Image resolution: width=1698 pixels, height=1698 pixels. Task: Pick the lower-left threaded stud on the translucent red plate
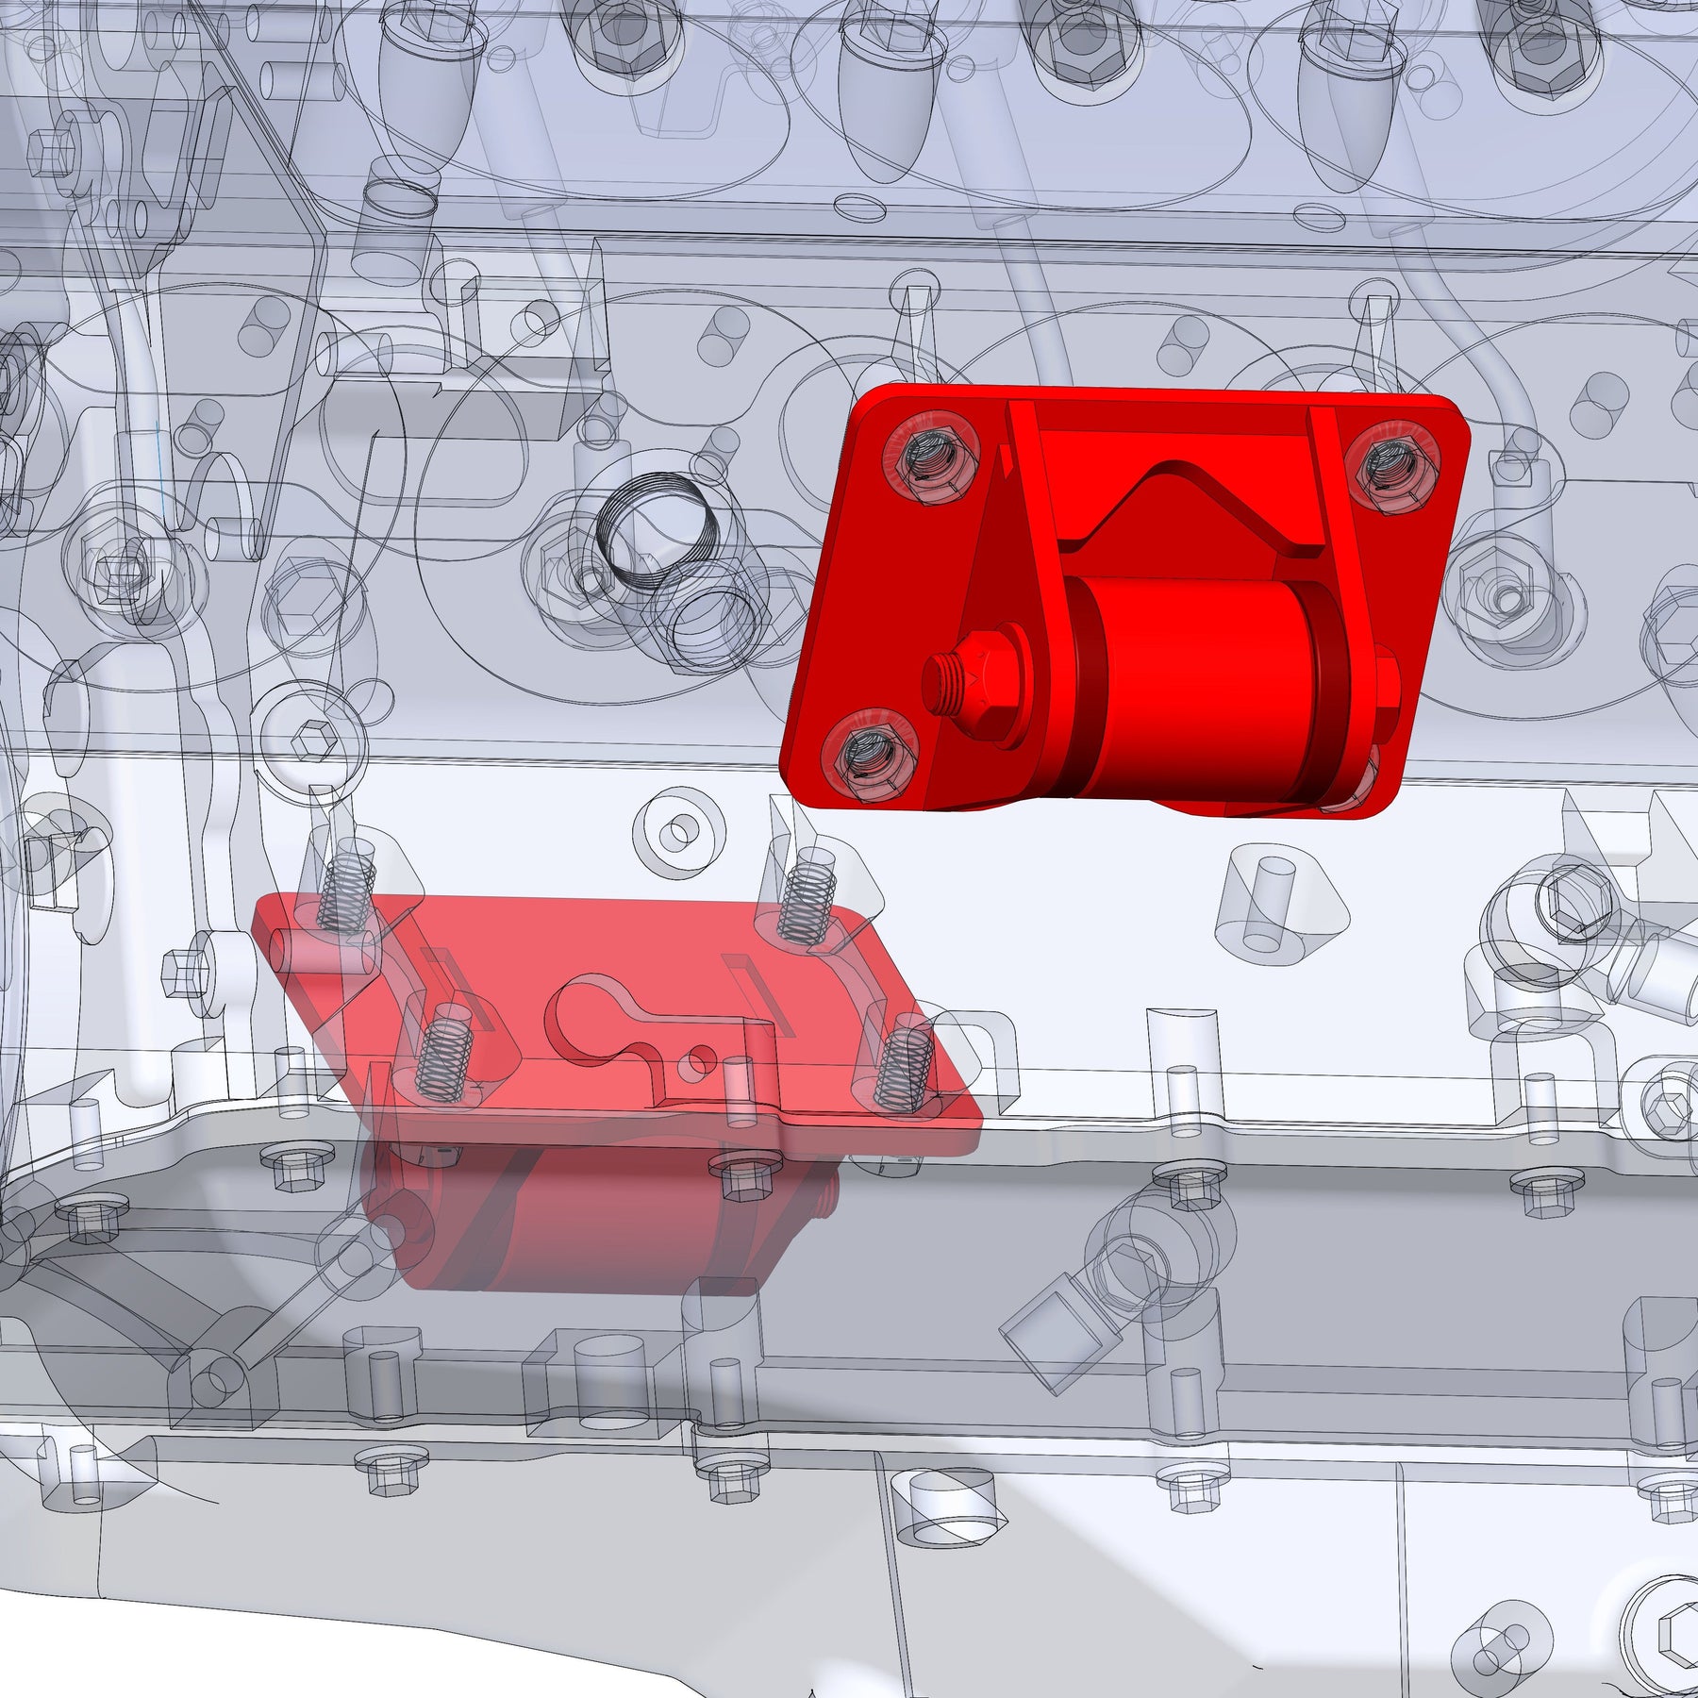441,1049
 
